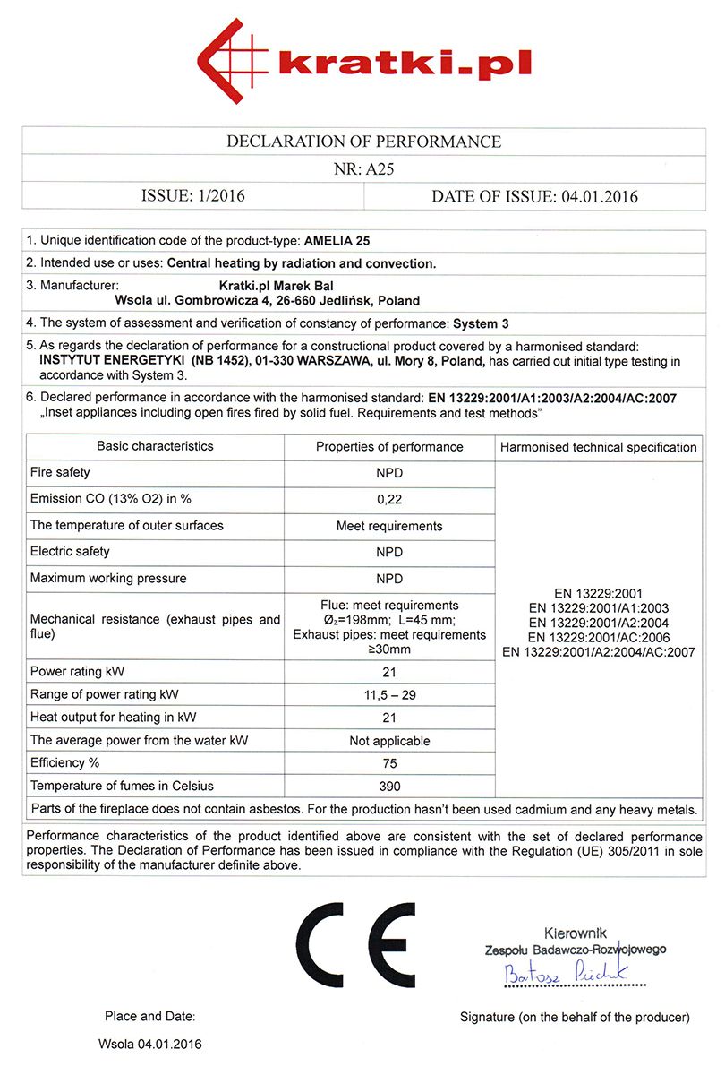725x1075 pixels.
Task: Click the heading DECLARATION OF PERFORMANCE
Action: (363, 142)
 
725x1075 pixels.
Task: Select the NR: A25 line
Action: (363, 168)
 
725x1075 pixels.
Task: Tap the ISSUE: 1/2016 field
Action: (192, 196)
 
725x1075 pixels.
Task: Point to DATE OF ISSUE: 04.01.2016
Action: (534, 196)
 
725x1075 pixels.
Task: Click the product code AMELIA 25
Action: (337, 241)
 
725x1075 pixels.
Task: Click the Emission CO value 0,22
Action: (389, 499)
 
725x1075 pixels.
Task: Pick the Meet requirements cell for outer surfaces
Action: (389, 526)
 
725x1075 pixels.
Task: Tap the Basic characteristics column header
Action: (155, 446)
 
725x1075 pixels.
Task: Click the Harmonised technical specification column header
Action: (598, 447)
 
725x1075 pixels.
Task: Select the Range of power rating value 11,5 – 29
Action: (389, 694)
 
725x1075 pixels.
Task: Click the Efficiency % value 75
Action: (389, 763)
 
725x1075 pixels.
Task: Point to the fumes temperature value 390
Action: (389, 787)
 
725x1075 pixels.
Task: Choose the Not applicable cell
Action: (389, 741)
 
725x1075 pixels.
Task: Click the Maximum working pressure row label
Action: (108, 579)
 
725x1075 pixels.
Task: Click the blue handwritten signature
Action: (565, 971)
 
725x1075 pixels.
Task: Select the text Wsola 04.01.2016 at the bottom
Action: (150, 1045)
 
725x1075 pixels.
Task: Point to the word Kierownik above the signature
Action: (575, 933)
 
